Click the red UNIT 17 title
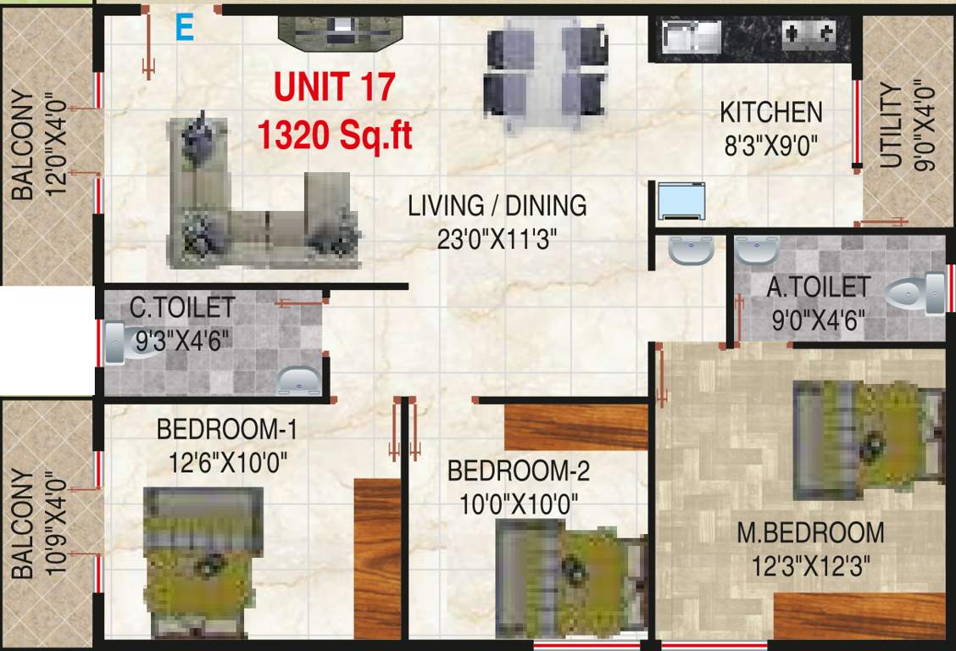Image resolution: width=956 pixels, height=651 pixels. [335, 87]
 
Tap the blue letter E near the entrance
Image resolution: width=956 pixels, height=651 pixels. [184, 28]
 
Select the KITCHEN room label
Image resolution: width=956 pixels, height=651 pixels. [770, 112]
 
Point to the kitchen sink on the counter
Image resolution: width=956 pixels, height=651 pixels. [691, 35]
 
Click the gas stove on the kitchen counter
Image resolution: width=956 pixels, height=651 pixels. [808, 35]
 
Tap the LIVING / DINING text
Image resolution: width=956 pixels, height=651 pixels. [497, 205]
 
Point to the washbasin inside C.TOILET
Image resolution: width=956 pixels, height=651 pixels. [299, 381]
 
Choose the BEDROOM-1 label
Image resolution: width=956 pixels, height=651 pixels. [226, 430]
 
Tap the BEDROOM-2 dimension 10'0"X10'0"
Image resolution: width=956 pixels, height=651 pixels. [518, 505]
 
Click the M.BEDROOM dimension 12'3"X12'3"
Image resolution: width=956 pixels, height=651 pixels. [810, 565]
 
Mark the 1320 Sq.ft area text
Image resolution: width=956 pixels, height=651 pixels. [335, 135]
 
